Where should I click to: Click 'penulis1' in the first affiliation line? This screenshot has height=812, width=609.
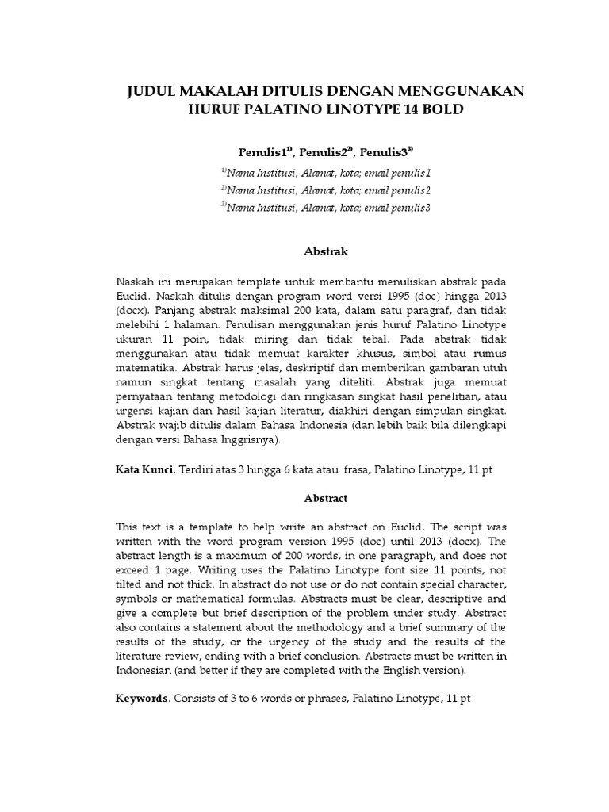(x=413, y=173)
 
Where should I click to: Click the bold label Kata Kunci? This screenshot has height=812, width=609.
(x=144, y=470)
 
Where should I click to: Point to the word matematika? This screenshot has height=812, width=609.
(x=144, y=369)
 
